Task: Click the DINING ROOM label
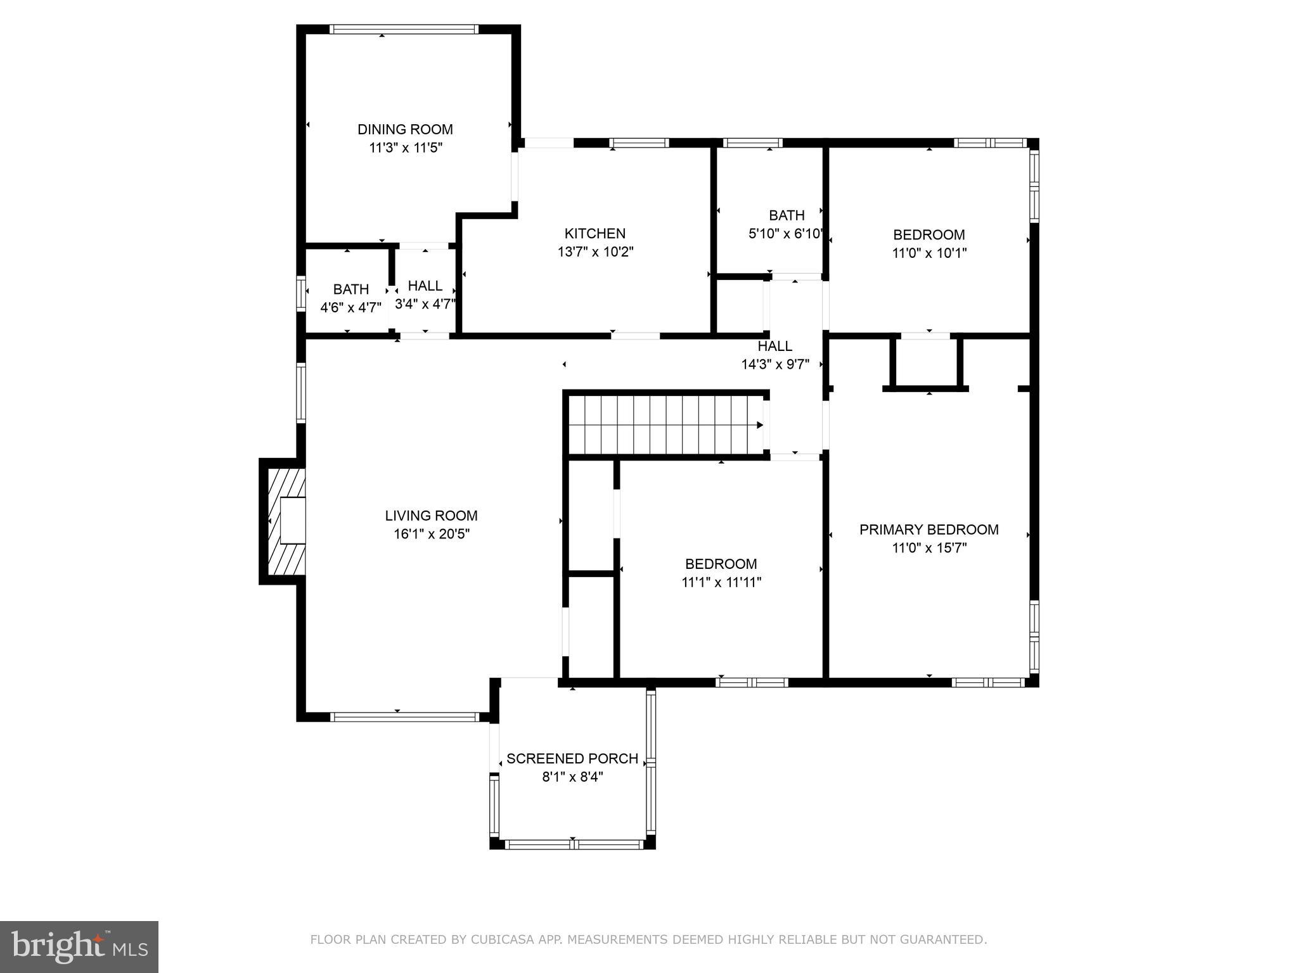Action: pyautogui.click(x=405, y=129)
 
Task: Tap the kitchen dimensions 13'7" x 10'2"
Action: pyautogui.click(x=595, y=251)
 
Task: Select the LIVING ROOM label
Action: pyautogui.click(x=431, y=516)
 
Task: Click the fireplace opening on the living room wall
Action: pyautogui.click(x=293, y=520)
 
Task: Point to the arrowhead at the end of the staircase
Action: pyautogui.click(x=760, y=425)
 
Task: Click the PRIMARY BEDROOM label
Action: pyautogui.click(x=929, y=530)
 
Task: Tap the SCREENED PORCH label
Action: pyautogui.click(x=572, y=758)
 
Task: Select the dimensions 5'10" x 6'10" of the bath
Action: pyautogui.click(x=786, y=234)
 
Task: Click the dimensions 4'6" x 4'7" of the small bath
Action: pyautogui.click(x=350, y=308)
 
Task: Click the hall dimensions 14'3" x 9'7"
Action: pyautogui.click(x=774, y=364)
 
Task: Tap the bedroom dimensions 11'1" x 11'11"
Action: pyautogui.click(x=721, y=582)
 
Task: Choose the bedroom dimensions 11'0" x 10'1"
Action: pyautogui.click(x=929, y=253)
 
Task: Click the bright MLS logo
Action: pyautogui.click(x=79, y=947)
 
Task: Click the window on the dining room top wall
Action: pyautogui.click(x=404, y=29)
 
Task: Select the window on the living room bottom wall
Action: pyautogui.click(x=404, y=717)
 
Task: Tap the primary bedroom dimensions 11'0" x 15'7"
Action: pyautogui.click(x=929, y=548)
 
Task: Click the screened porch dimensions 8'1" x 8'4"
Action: pyautogui.click(x=572, y=777)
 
